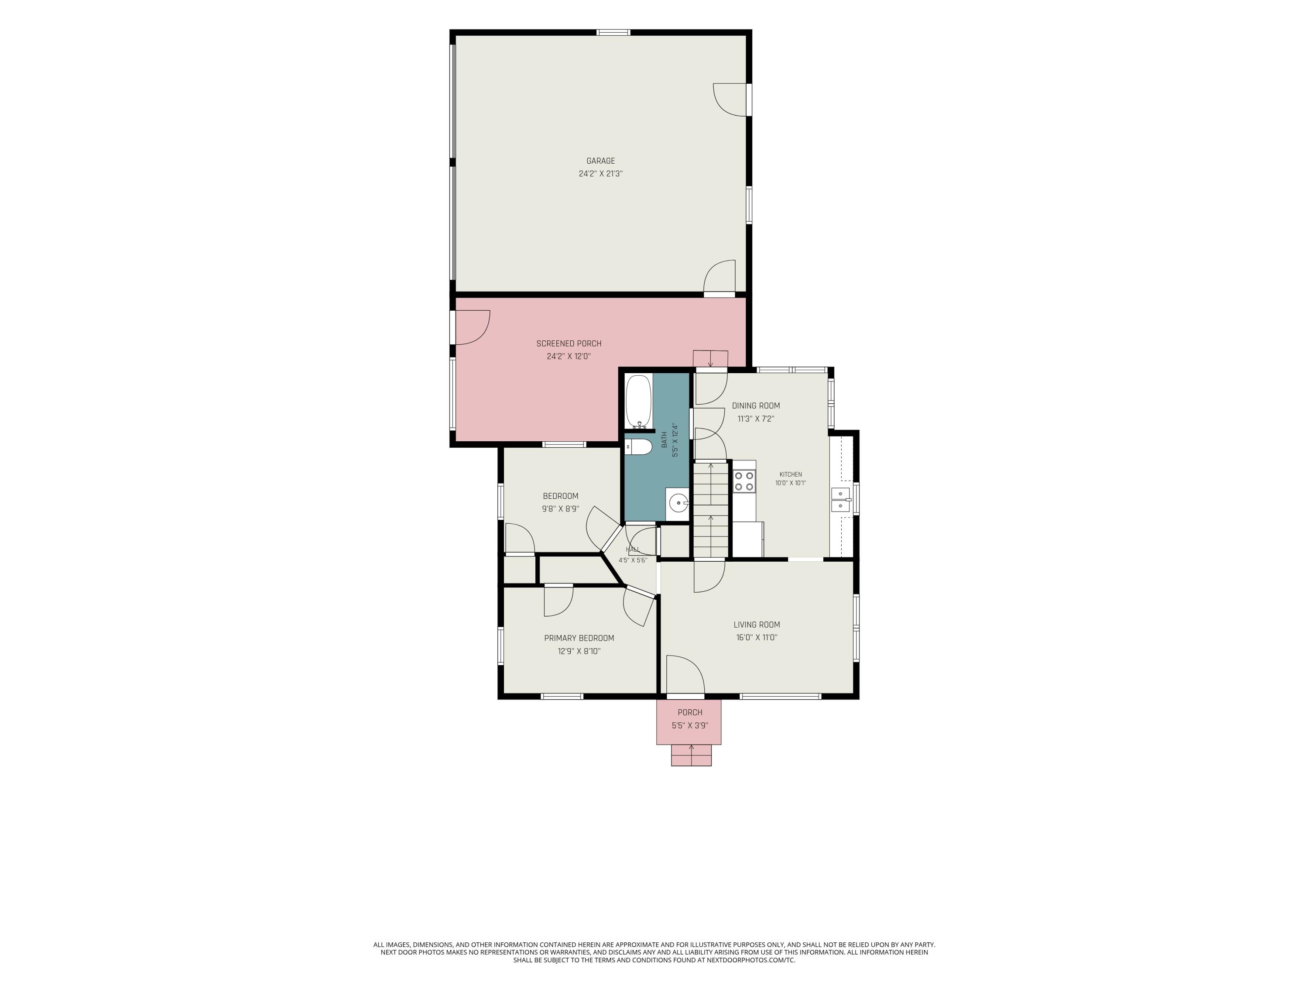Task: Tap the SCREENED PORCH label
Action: [569, 343]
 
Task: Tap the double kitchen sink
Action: [841, 500]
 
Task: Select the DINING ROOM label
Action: [756, 405]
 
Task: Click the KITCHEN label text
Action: [791, 474]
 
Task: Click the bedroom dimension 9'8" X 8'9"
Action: [560, 509]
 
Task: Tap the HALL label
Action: [633, 549]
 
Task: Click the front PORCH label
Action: [690, 713]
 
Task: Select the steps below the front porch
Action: [691, 755]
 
